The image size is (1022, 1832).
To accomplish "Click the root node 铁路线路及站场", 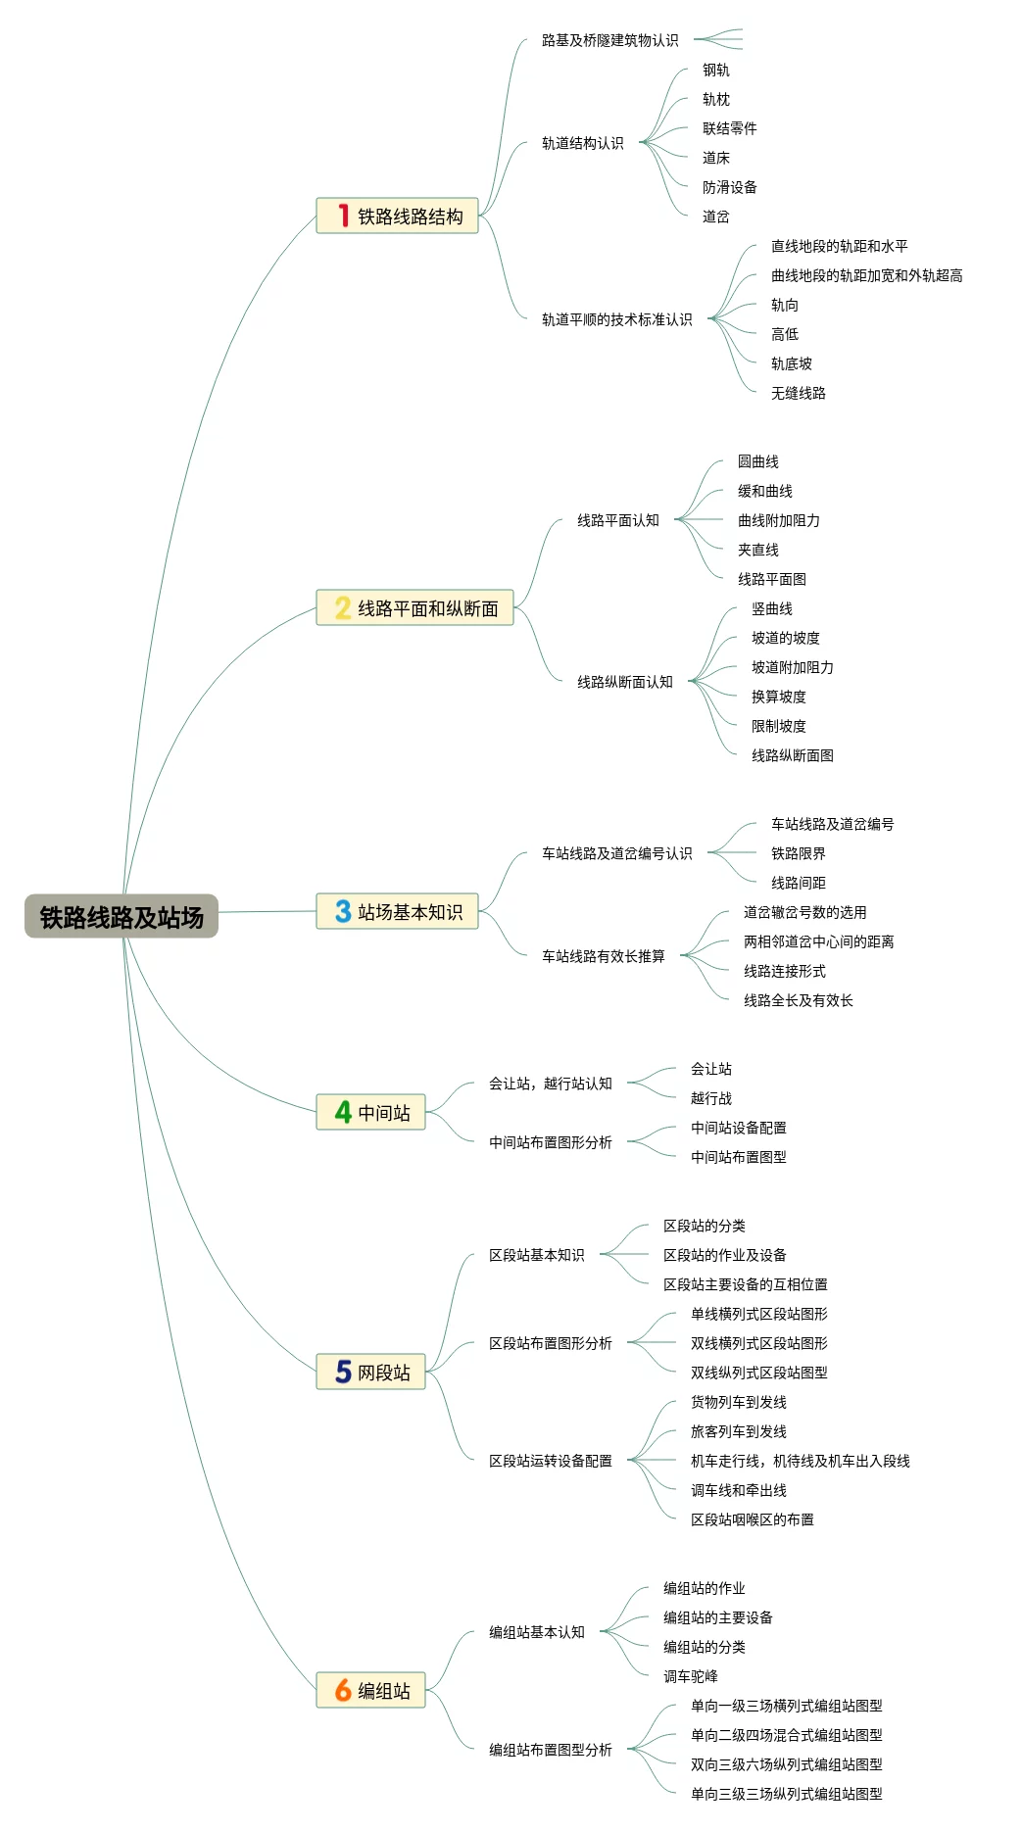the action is click(122, 917).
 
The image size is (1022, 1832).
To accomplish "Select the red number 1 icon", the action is click(343, 216).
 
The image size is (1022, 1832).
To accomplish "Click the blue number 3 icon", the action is click(343, 912).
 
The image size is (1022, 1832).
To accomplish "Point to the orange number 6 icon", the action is click(343, 1690).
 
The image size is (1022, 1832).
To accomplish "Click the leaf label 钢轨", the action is click(715, 70).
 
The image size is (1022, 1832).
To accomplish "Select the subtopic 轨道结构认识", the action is click(582, 143).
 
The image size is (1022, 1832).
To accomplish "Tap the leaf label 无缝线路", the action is click(798, 393).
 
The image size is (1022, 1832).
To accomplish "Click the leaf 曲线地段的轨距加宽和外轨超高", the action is click(866, 275).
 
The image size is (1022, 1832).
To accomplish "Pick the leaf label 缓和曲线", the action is click(764, 491).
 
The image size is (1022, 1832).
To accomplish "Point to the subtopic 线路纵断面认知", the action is click(624, 682).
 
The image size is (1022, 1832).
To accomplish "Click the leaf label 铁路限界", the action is click(798, 853).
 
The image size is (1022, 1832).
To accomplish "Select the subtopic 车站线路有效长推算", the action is click(603, 956).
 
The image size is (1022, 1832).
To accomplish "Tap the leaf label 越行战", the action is click(710, 1098).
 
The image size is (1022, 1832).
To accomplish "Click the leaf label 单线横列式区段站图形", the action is click(758, 1314).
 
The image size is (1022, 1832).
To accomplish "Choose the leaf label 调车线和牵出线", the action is click(738, 1490).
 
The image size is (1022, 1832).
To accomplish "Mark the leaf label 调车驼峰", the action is click(690, 1676).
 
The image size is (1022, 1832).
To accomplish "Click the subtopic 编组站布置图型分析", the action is click(550, 1750).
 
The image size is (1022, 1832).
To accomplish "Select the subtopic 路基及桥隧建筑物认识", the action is click(609, 40).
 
